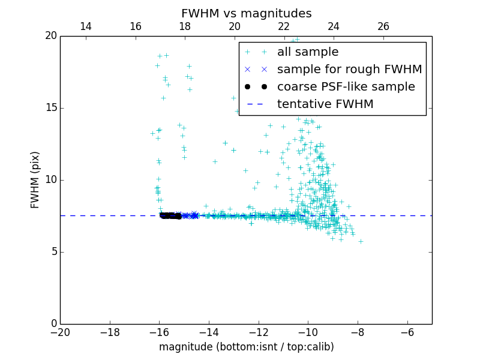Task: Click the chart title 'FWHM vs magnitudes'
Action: (246, 13)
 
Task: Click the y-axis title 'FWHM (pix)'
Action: (35, 180)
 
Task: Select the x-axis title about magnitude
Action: (246, 347)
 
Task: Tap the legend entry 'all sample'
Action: (307, 52)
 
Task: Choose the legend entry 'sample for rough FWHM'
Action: (349, 70)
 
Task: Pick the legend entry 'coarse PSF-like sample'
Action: (346, 87)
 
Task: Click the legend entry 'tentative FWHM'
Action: (325, 104)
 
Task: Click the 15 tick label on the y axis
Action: (50, 108)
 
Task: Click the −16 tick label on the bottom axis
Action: (159, 332)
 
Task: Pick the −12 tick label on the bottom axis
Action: (259, 332)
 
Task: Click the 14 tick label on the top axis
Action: (86, 26)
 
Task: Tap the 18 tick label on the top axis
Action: (185, 26)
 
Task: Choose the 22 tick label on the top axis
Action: (284, 26)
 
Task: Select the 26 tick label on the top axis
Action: (383, 26)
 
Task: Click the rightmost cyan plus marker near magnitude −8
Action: (361, 241)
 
